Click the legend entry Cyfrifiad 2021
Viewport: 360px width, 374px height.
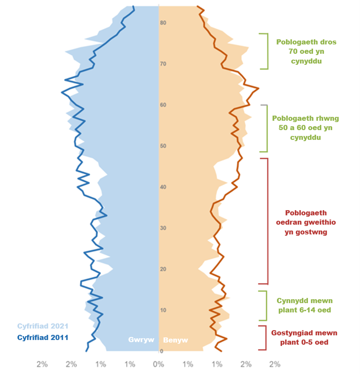click(42, 327)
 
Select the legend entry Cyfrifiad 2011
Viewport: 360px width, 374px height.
click(42, 338)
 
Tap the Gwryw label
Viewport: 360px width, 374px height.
click(141, 340)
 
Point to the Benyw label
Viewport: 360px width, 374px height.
click(175, 340)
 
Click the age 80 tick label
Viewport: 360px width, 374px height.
click(163, 23)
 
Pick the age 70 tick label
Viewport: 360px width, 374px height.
click(163, 64)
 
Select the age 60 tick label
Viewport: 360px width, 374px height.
click(163, 105)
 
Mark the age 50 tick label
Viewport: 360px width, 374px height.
click(163, 146)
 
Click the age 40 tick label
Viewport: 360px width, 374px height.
click(163, 187)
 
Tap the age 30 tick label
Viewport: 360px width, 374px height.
click(163, 228)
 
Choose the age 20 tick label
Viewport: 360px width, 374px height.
click(163, 269)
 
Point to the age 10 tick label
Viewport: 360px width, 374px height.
click(163, 310)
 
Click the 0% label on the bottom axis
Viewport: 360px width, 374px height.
click(158, 364)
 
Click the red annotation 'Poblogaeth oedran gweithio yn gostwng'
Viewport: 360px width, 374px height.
click(305, 222)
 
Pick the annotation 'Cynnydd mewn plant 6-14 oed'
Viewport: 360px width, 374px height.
click(304, 305)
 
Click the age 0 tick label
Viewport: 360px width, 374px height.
click(161, 351)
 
